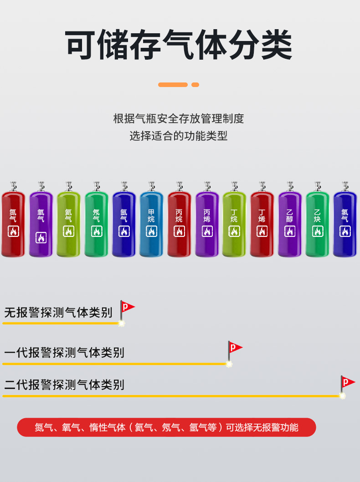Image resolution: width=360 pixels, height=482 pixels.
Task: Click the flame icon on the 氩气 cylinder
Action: click(124, 231)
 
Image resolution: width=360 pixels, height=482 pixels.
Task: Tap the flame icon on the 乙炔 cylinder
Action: click(318, 231)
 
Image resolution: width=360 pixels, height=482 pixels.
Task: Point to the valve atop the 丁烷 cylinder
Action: click(234, 186)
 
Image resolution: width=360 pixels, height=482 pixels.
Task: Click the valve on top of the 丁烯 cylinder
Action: click(262, 186)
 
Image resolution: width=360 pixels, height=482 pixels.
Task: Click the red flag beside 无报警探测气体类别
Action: click(128, 307)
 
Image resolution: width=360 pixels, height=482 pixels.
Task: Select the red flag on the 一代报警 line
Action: click(235, 348)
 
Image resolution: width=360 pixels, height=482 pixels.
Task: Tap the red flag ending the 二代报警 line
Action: click(348, 382)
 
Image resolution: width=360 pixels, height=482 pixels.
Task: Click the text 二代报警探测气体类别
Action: click(64, 385)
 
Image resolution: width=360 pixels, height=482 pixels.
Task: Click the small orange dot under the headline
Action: click(195, 85)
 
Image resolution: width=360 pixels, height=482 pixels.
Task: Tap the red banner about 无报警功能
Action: click(166, 427)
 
